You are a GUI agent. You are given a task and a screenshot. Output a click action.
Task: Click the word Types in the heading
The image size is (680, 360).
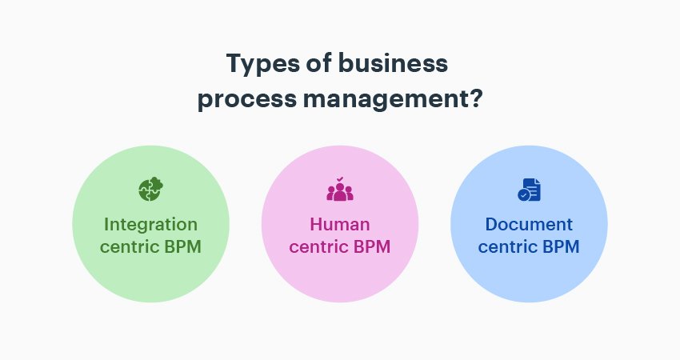click(x=263, y=64)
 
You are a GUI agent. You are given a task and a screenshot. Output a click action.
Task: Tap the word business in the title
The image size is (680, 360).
click(x=393, y=62)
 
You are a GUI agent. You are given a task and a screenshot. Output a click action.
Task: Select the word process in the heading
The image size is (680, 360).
click(x=247, y=100)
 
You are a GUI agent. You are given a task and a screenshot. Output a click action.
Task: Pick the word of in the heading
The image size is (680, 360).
click(x=318, y=62)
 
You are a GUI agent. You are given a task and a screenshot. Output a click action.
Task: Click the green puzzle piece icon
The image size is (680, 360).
click(x=150, y=189)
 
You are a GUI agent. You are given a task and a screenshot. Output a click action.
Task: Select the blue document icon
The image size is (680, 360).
click(x=529, y=190)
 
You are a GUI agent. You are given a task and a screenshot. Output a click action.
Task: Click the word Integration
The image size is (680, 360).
click(x=151, y=225)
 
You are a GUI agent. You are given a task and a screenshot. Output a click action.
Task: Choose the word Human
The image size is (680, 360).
click(x=340, y=225)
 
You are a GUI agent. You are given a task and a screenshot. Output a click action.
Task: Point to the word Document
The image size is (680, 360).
click(x=529, y=225)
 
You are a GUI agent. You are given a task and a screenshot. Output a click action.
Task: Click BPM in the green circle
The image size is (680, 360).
click(x=182, y=246)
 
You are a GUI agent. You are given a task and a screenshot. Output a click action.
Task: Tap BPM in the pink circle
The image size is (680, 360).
click(x=372, y=246)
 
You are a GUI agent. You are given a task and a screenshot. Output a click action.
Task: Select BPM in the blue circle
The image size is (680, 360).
click(x=561, y=246)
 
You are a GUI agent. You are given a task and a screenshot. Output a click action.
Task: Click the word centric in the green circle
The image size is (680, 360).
click(x=130, y=246)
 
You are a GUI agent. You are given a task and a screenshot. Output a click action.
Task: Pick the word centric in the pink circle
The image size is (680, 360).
click(x=318, y=246)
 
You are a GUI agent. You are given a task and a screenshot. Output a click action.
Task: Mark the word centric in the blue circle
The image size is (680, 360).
click(x=508, y=246)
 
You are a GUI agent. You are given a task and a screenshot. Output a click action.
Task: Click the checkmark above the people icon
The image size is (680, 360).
click(x=340, y=178)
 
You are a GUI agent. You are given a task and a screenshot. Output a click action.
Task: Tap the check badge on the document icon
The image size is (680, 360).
click(x=524, y=195)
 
